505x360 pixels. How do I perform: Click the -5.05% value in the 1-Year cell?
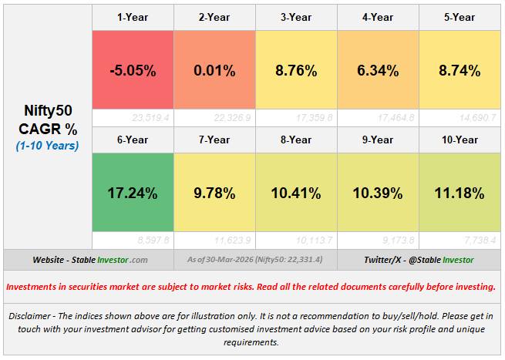[133, 70]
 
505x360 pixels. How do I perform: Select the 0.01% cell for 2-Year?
[214, 70]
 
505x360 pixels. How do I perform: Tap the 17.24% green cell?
[133, 193]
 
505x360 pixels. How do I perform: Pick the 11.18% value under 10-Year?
[460, 193]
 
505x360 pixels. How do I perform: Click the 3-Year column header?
[296, 17]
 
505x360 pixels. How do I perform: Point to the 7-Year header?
[214, 140]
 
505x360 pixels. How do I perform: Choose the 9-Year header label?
[378, 140]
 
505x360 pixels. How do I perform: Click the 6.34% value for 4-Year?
[378, 70]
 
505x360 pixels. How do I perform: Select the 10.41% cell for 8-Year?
[296, 193]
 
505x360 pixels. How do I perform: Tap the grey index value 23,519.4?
[150, 118]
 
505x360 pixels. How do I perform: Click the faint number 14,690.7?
[477, 118]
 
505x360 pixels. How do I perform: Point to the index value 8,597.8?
[152, 241]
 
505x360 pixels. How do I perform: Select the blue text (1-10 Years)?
[48, 145]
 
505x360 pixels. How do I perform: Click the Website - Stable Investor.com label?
[91, 260]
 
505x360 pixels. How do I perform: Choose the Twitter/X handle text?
[419, 260]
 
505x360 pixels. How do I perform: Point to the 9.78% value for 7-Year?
[214, 193]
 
